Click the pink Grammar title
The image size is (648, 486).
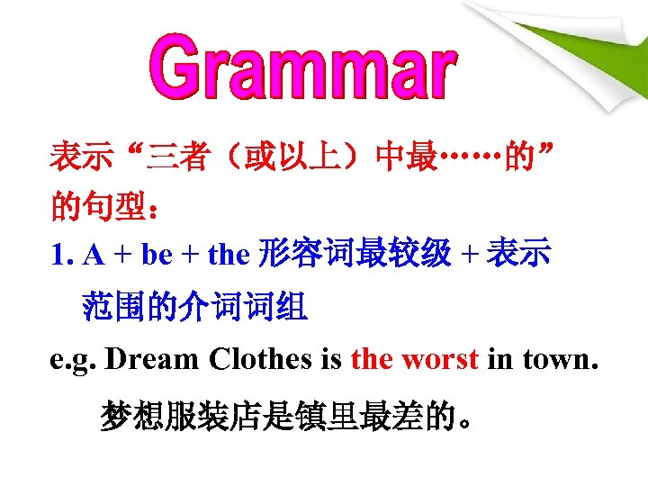(x=302, y=67)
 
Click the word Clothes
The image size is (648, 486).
(x=260, y=359)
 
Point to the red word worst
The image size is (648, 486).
(x=439, y=359)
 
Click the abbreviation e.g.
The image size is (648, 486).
(x=73, y=360)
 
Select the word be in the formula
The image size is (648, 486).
(x=156, y=256)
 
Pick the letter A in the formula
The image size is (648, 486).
(x=92, y=256)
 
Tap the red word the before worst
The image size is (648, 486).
(x=372, y=359)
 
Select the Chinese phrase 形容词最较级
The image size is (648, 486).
(x=353, y=255)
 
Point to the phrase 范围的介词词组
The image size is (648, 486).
(x=194, y=309)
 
